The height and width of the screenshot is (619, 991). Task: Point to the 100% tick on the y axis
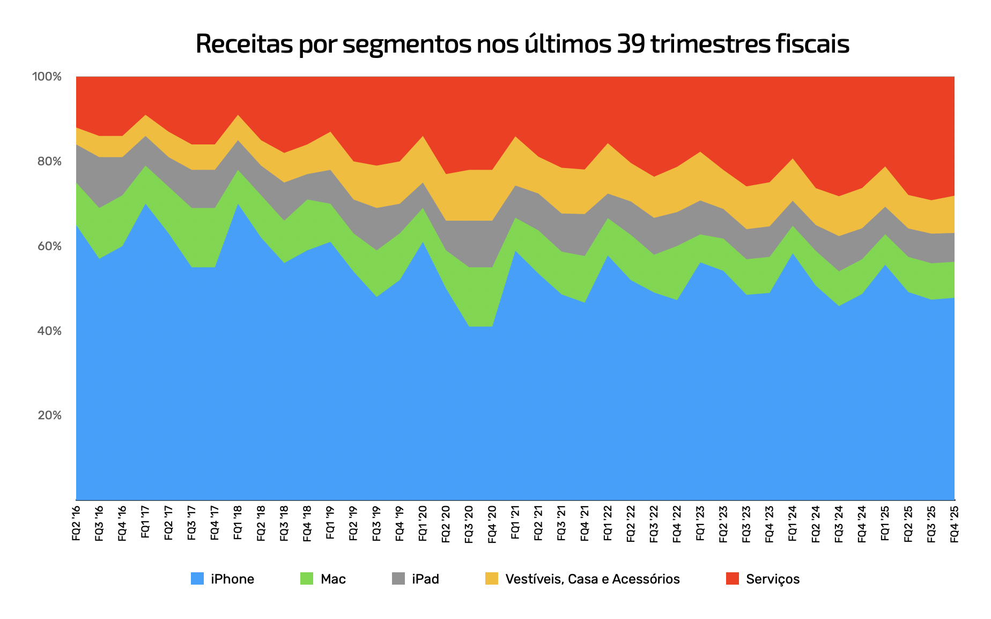tap(47, 77)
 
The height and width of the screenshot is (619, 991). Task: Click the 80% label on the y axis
tap(49, 162)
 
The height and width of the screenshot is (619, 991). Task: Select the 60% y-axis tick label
tap(49, 246)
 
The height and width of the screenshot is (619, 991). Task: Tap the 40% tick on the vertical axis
tap(49, 331)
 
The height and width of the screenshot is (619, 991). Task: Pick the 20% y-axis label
tap(49, 416)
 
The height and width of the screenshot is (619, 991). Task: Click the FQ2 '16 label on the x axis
tap(76, 522)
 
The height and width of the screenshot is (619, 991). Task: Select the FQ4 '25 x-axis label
tap(955, 522)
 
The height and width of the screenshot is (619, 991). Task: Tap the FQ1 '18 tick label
tap(238, 522)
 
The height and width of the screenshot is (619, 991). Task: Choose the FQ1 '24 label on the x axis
tap(793, 522)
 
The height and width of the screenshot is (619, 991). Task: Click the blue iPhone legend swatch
tap(197, 579)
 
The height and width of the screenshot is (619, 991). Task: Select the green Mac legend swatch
tap(306, 579)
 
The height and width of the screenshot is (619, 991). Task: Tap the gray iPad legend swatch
tap(398, 579)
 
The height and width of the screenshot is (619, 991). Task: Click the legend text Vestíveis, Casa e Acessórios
tap(592, 579)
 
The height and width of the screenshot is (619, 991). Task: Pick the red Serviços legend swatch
tap(732, 579)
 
